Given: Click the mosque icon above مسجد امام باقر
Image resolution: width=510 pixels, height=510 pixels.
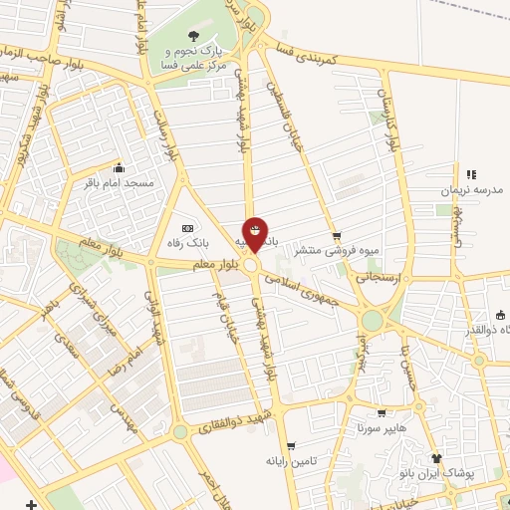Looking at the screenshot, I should pyautogui.click(x=120, y=168).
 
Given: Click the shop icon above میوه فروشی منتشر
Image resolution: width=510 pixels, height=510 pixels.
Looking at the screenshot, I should pyautogui.click(x=338, y=235).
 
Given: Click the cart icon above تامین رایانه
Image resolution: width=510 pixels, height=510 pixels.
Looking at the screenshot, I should pyautogui.click(x=290, y=445).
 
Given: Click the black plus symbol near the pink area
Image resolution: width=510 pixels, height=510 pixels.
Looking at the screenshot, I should pyautogui.click(x=33, y=503).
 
